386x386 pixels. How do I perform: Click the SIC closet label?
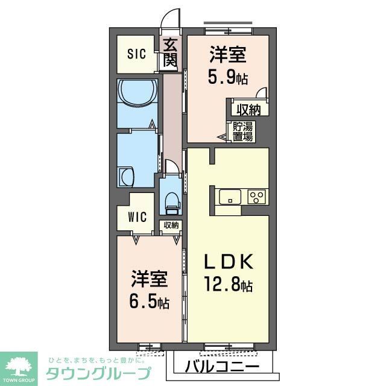(x=136, y=54)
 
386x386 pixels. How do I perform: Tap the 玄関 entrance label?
(x=170, y=53)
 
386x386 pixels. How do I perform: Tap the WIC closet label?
(x=138, y=217)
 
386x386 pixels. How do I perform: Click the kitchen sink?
(x=230, y=197)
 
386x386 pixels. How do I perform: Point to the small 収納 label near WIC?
(x=171, y=226)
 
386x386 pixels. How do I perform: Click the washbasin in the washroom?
(x=127, y=178)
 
